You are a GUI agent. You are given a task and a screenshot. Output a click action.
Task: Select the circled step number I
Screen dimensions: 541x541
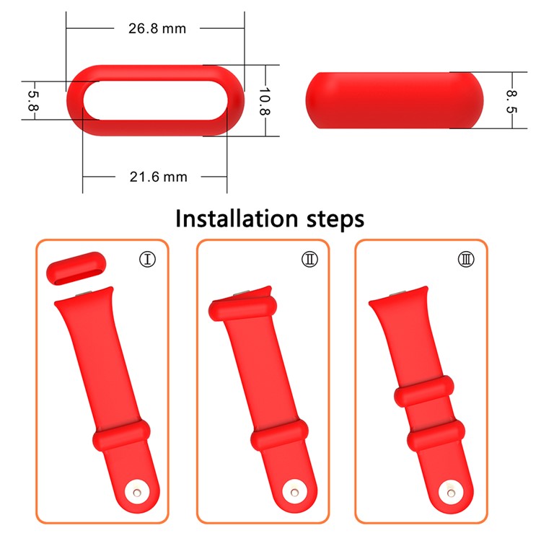(x=149, y=258)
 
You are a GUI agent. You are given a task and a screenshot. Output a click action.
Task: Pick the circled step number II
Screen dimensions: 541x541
(x=309, y=258)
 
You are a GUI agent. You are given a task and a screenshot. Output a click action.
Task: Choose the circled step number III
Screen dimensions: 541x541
(x=466, y=258)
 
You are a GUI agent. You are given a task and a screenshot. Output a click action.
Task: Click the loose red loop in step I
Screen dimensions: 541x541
(x=76, y=270)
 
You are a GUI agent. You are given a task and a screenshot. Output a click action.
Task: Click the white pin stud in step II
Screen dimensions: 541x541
(x=296, y=493)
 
